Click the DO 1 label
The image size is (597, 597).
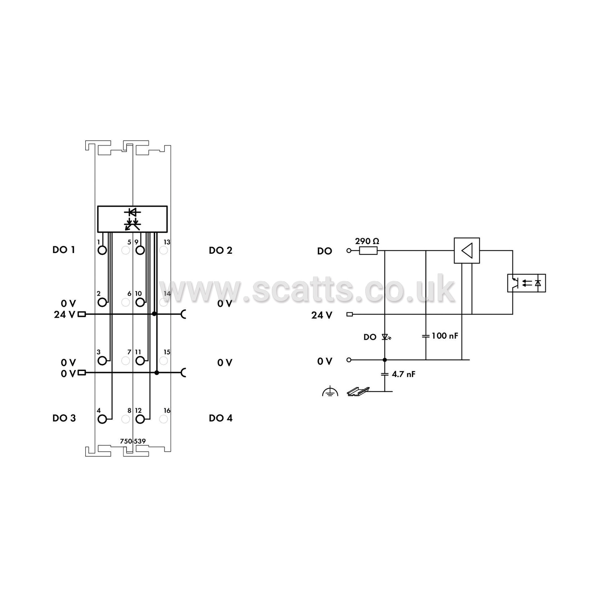[64, 250]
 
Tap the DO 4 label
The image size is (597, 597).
[221, 418]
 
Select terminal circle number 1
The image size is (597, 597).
[102, 250]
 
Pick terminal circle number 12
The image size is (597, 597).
[140, 419]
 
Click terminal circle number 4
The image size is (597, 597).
[102, 419]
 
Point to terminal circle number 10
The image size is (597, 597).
[140, 302]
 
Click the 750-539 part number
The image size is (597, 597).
[133, 441]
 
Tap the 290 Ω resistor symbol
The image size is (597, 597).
[368, 251]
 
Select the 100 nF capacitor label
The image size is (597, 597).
[445, 335]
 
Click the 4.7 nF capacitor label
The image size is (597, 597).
[403, 374]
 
